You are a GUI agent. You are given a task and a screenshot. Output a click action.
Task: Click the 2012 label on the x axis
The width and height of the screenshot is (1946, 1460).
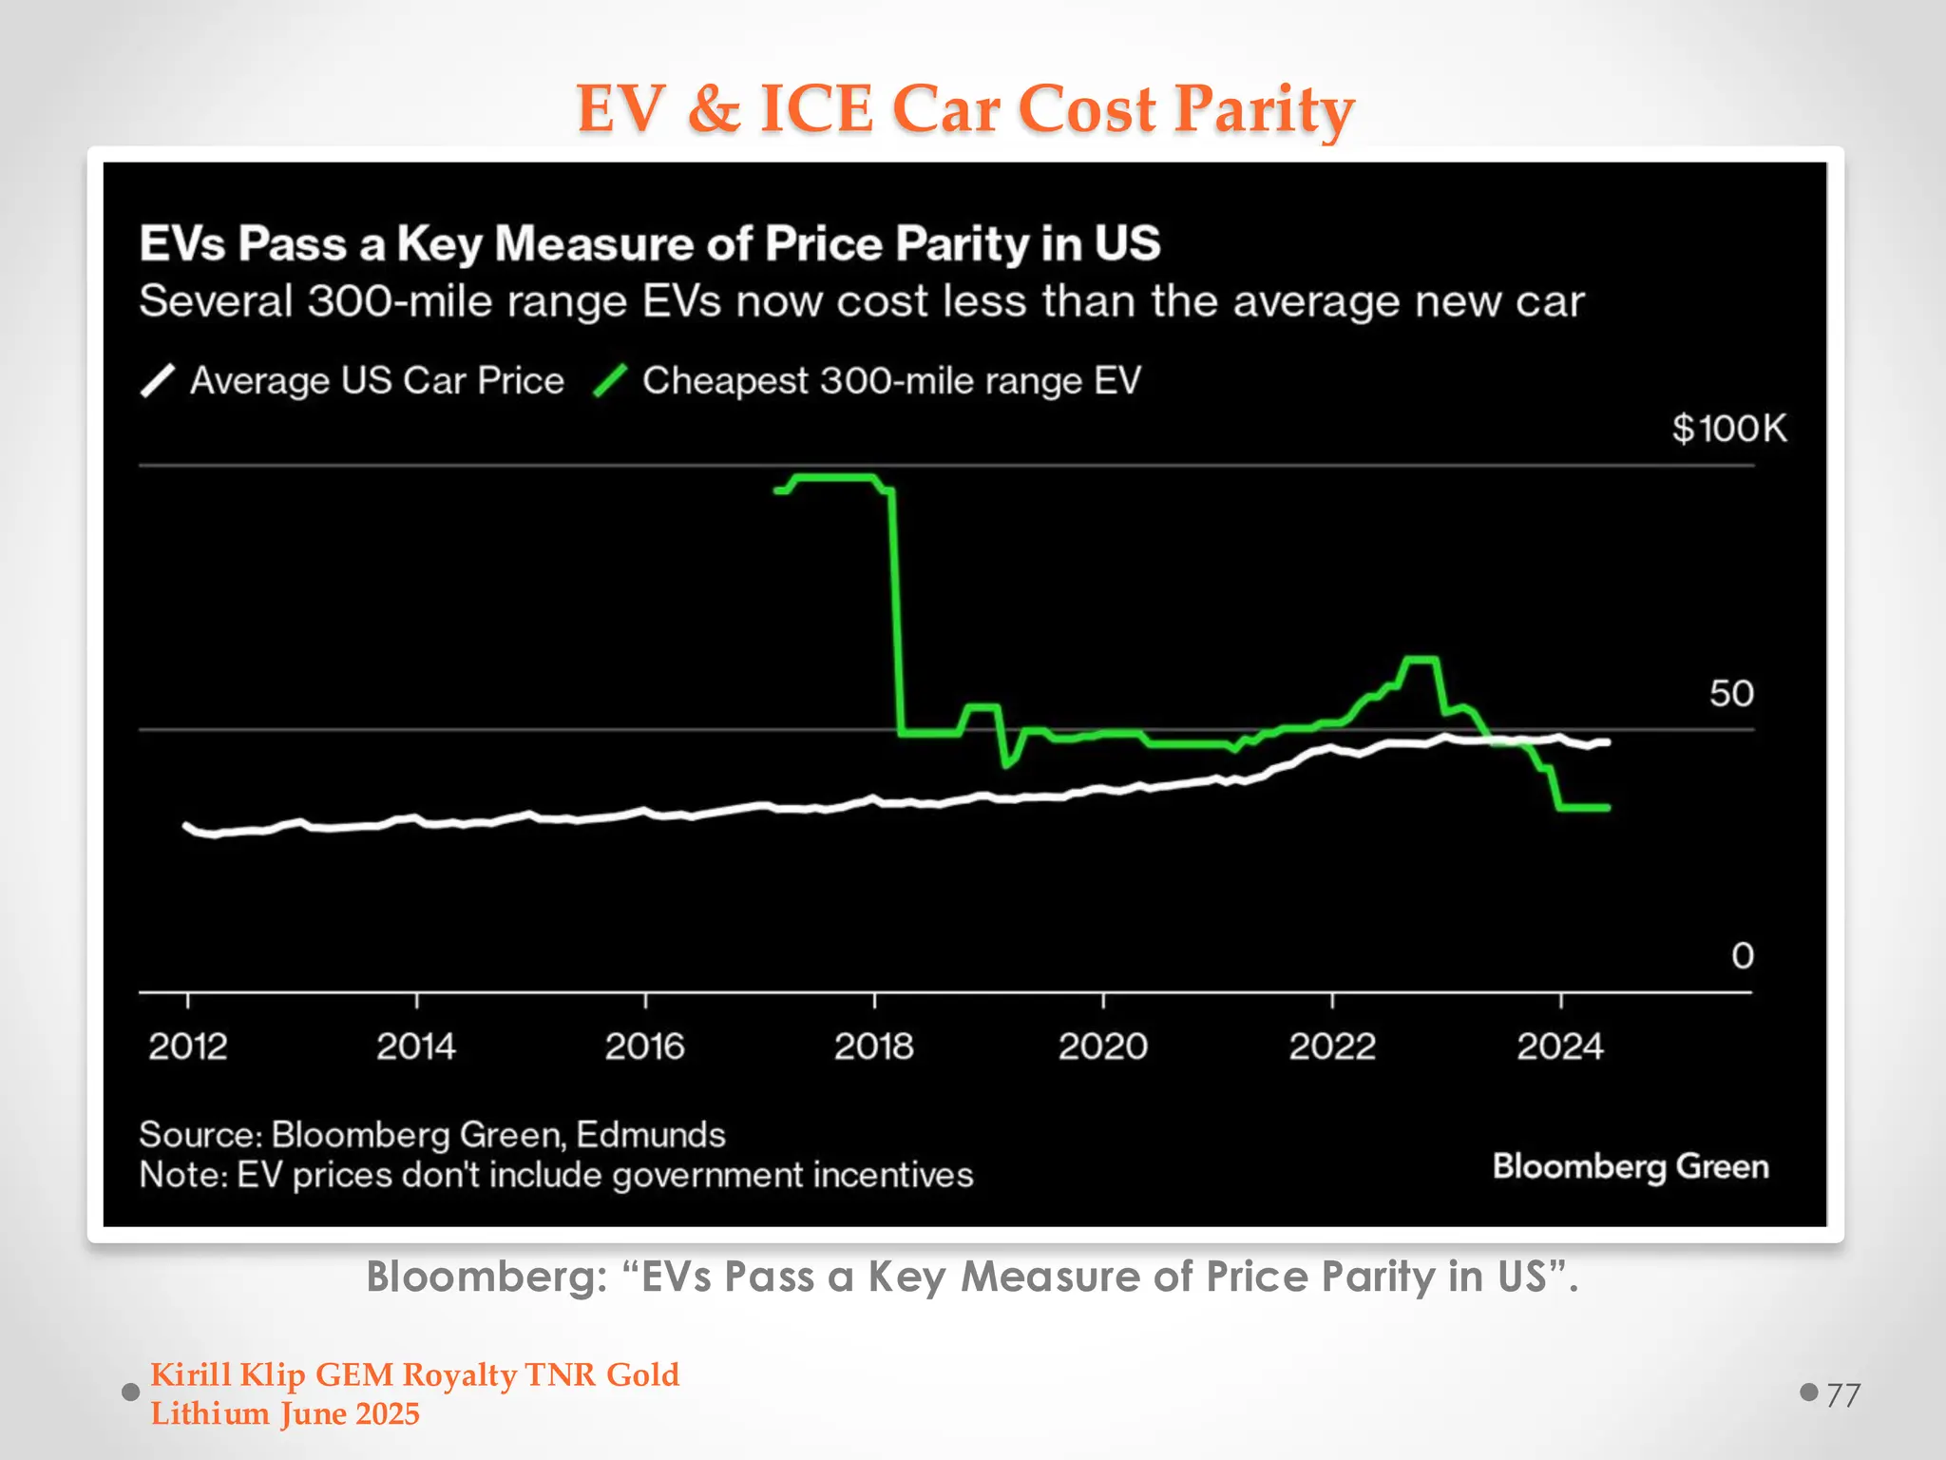click(x=188, y=1047)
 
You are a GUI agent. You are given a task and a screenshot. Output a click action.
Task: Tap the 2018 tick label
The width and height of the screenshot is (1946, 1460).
click(x=873, y=1047)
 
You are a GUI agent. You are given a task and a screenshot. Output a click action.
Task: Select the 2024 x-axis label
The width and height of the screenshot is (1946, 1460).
click(x=1559, y=1047)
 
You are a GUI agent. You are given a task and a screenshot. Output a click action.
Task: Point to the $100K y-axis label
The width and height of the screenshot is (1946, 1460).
click(x=1728, y=429)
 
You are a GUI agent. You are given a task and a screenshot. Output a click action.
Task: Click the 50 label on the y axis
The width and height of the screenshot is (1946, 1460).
click(x=1731, y=693)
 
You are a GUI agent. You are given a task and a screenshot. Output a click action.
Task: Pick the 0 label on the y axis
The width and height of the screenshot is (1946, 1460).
click(x=1742, y=955)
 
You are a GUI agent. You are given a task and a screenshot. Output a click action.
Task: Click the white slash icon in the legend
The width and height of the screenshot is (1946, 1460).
click(x=158, y=381)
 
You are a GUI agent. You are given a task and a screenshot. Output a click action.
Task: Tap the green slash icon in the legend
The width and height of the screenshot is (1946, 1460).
click(x=610, y=381)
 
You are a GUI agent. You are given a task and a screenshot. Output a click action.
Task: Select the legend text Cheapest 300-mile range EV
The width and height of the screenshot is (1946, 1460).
click(x=890, y=381)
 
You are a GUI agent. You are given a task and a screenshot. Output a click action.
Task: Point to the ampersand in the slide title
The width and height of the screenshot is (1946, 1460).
click(x=713, y=108)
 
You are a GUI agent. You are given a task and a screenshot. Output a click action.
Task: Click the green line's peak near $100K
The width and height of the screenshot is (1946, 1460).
click(x=833, y=477)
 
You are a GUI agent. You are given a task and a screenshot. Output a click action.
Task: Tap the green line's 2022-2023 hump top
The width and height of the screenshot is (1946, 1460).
click(x=1421, y=659)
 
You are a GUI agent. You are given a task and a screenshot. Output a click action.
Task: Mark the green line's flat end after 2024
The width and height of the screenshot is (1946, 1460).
click(x=1584, y=808)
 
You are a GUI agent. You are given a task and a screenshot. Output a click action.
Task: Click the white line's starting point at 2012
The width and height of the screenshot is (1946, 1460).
click(x=186, y=825)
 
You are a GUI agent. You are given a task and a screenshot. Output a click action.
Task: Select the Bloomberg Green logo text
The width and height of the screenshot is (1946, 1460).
click(x=1630, y=1166)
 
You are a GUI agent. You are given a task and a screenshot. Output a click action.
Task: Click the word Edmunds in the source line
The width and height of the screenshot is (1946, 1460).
click(x=650, y=1135)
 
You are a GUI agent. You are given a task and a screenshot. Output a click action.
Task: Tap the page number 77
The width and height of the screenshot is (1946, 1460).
click(x=1842, y=1395)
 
